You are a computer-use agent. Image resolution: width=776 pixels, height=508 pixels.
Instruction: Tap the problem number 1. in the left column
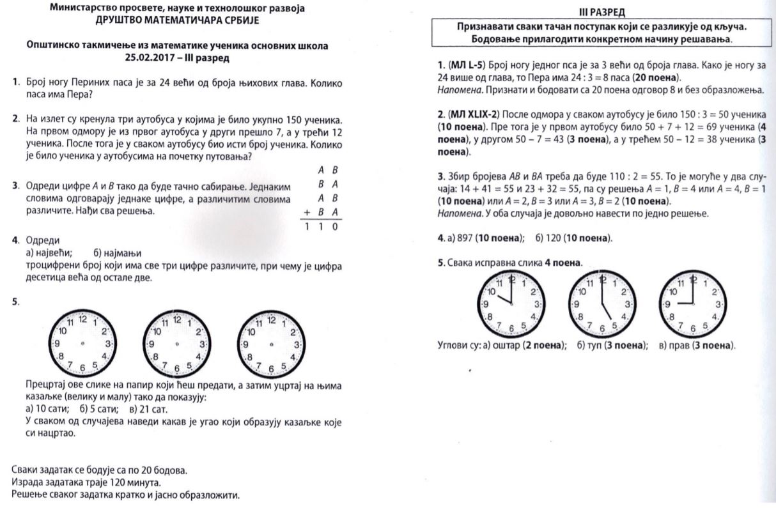tap(15, 83)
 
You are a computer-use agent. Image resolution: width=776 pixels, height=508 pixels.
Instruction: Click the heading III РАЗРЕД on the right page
tap(602, 12)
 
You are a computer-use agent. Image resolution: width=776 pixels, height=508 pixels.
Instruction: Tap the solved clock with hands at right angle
tap(691, 304)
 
